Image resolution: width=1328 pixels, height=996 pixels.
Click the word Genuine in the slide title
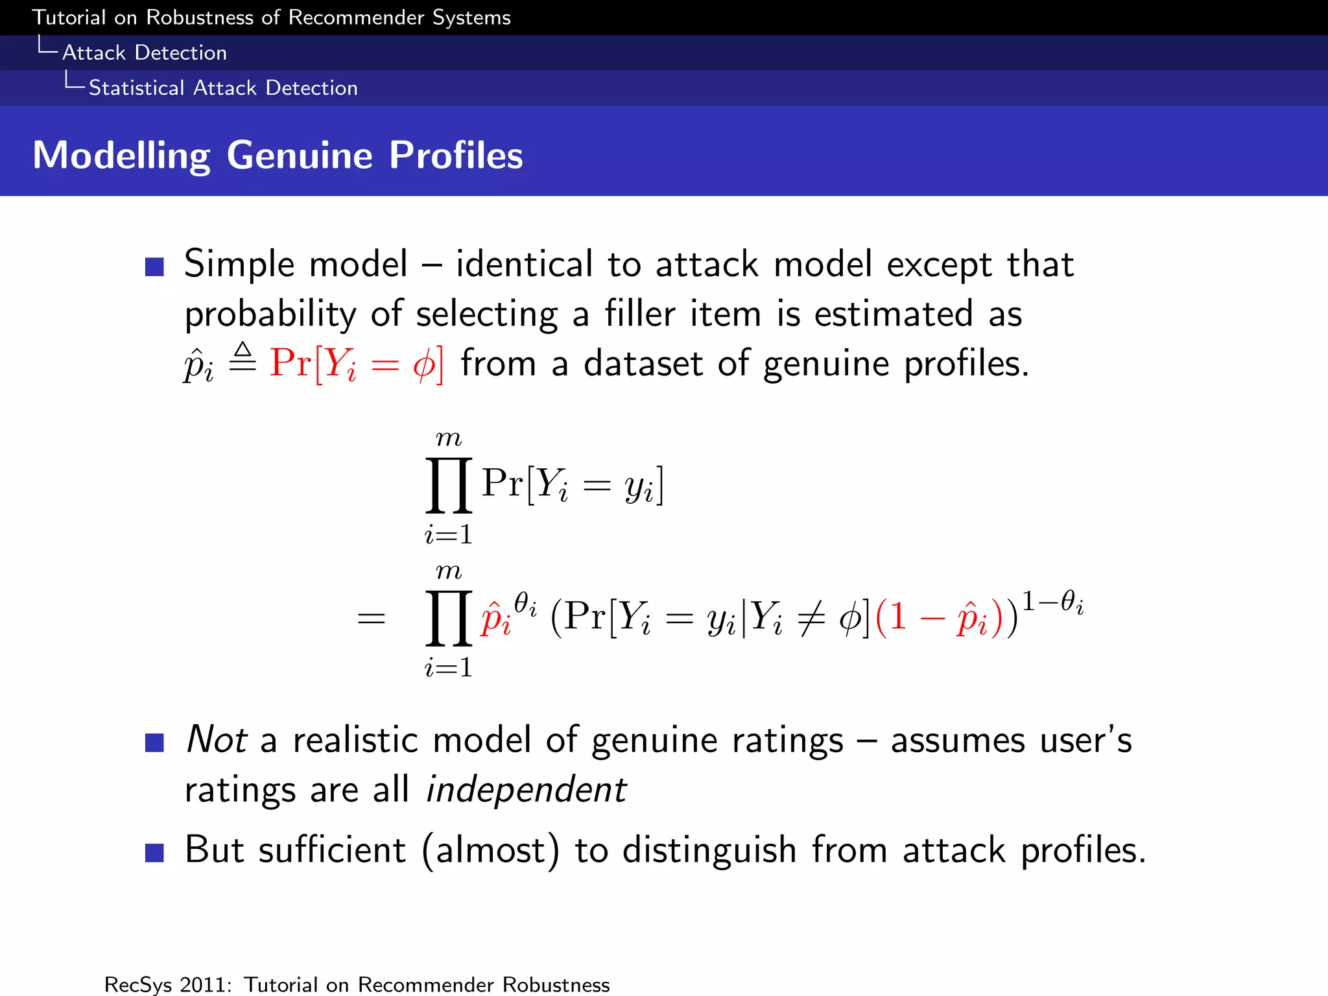(300, 156)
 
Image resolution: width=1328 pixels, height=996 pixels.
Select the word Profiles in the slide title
(456, 156)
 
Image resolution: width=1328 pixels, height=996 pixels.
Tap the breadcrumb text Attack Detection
(144, 53)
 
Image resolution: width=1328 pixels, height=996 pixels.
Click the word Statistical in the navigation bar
(136, 88)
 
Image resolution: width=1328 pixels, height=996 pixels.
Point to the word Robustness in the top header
(200, 18)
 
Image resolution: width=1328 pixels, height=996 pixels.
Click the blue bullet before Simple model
(154, 267)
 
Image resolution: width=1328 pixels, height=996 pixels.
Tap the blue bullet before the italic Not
(154, 742)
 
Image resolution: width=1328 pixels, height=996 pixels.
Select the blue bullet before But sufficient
(154, 852)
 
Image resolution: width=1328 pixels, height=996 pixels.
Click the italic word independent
(525, 790)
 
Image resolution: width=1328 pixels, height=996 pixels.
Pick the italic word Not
(216, 740)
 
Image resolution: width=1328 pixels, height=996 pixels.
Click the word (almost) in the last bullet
(490, 850)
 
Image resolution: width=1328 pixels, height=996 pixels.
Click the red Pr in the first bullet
(290, 362)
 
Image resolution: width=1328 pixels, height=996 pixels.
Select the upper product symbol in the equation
(449, 485)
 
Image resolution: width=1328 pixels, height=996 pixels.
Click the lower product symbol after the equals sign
(449, 618)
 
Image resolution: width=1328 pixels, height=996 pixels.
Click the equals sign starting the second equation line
(372, 619)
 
